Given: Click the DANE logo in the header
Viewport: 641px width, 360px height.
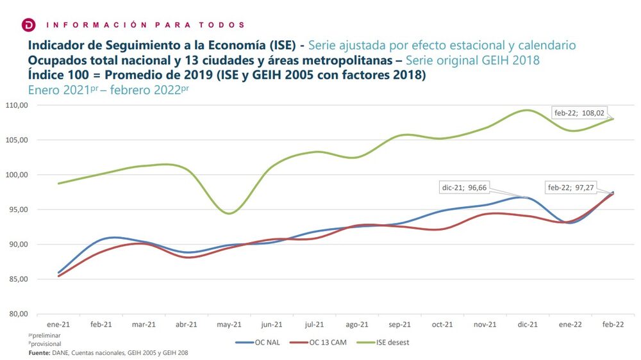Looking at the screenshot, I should [29, 24].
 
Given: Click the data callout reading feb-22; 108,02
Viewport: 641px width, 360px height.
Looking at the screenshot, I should [579, 113].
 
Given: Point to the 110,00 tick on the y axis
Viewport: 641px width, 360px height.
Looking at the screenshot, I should [17, 105].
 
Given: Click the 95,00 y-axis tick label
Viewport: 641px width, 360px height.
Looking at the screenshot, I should [17, 209].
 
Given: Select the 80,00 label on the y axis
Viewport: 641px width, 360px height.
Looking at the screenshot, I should [17, 314].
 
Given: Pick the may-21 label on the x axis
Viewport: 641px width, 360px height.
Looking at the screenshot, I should [229, 325].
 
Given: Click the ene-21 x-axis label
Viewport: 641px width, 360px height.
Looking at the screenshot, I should [58, 325].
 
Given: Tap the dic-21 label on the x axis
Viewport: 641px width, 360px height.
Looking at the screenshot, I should [528, 325].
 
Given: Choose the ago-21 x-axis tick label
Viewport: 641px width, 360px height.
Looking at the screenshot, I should [357, 325].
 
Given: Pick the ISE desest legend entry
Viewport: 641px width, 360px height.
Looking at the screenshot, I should [390, 342].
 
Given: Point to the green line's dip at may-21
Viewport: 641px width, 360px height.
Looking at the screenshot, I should [229, 213].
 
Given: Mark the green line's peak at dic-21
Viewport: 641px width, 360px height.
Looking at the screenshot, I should [526, 110].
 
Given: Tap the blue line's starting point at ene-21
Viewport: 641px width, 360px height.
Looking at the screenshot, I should [58, 273].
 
